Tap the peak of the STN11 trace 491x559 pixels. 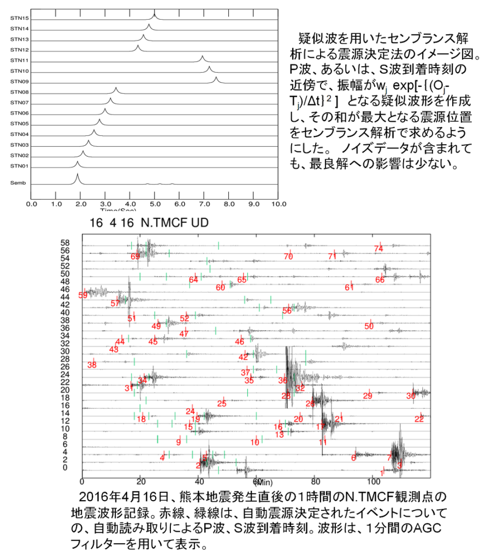point(202,56)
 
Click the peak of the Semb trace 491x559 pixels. point(77,175)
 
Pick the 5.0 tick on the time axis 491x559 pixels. point(155,204)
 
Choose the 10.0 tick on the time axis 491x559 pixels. point(278,204)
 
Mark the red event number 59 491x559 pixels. point(83,295)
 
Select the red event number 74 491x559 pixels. point(378,248)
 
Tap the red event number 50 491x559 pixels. point(369,326)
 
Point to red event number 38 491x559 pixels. point(92,365)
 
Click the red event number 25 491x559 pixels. point(221,403)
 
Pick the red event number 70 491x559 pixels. point(288,256)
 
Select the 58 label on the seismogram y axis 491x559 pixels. point(66,242)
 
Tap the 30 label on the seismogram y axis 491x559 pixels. point(66,351)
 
